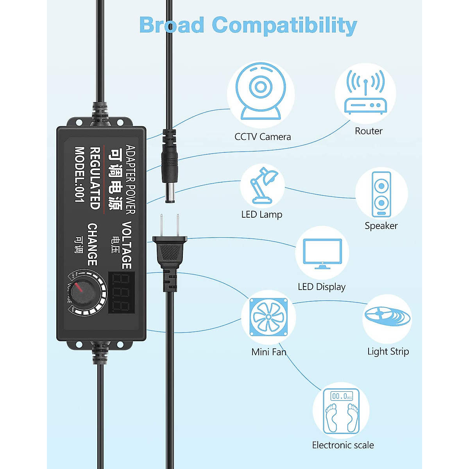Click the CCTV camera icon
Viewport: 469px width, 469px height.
point(261,92)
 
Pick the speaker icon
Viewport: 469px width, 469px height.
point(381,194)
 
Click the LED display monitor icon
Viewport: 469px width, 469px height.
point(322,253)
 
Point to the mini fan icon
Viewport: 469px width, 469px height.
point(269,317)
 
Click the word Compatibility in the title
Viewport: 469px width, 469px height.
point(285,25)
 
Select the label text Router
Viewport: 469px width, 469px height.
point(369,131)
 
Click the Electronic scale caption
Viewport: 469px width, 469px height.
point(343,445)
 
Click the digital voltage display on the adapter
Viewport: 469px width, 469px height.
point(122,292)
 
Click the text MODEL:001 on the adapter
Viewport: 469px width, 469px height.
point(80,174)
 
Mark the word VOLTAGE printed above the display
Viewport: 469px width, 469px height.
point(127,245)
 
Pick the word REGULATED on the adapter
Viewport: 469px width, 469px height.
point(95,178)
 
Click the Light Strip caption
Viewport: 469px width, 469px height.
point(388,351)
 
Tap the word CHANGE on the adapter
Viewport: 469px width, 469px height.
point(92,244)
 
